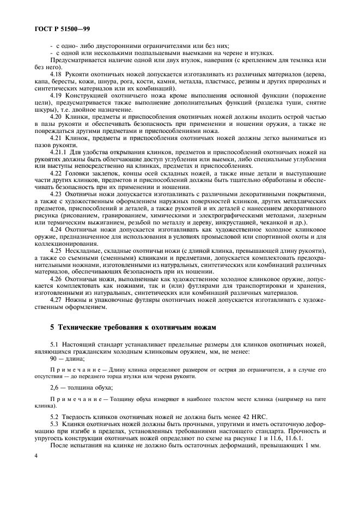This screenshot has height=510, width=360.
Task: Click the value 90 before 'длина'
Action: tap(53, 359)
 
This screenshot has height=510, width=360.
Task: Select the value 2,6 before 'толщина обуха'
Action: tap(54, 387)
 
